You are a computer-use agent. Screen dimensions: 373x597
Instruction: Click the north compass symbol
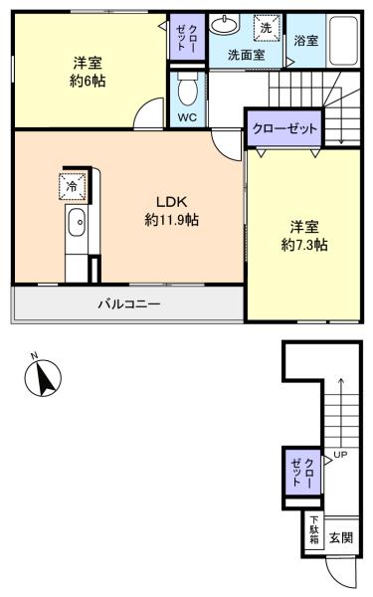(43, 377)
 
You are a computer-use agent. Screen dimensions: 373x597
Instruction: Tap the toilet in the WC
(188, 89)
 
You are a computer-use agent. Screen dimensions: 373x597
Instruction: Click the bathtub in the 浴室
(343, 41)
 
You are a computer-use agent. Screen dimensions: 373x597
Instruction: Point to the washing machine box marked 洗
(267, 28)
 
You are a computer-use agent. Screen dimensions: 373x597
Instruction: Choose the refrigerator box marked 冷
(73, 186)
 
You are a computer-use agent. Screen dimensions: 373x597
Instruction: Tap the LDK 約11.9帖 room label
(172, 211)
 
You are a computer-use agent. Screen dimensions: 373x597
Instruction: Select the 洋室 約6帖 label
(88, 72)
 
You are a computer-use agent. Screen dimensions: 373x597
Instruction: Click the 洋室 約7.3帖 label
(304, 236)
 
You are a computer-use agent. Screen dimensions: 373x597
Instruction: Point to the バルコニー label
(129, 303)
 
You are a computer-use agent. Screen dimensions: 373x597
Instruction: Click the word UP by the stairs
(340, 455)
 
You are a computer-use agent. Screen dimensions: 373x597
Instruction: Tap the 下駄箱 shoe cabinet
(314, 529)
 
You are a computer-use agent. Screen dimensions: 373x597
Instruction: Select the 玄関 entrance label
(341, 538)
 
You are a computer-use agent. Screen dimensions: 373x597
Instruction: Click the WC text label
(187, 117)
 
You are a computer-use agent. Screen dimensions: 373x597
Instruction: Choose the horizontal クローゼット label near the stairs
(284, 128)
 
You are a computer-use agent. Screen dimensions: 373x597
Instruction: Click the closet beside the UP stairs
(303, 472)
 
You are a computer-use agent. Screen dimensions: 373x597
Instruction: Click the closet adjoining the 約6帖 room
(187, 37)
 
